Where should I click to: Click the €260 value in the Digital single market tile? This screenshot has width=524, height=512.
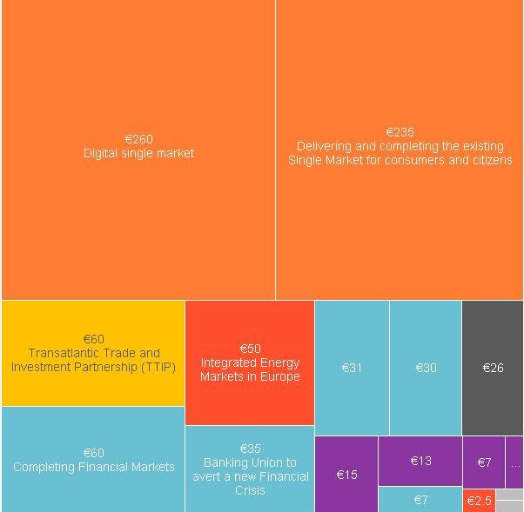(x=138, y=139)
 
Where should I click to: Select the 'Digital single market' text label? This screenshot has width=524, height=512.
(x=138, y=153)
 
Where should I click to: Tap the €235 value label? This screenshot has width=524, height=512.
(x=400, y=132)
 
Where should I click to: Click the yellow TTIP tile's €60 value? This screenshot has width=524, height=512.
(x=93, y=339)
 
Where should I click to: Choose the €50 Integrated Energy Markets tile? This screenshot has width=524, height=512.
(x=250, y=362)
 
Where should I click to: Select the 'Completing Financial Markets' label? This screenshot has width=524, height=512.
(x=93, y=467)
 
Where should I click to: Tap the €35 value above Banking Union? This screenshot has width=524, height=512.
(x=250, y=449)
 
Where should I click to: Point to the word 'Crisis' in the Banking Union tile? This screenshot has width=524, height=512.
(x=250, y=490)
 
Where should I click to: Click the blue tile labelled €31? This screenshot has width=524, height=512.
(x=352, y=368)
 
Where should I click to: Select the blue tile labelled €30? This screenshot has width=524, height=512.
(x=426, y=368)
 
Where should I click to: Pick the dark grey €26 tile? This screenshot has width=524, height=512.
(x=493, y=368)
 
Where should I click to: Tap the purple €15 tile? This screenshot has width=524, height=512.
(x=346, y=475)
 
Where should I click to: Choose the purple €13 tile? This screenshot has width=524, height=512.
(x=420, y=461)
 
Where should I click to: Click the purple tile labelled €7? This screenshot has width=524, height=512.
(x=484, y=462)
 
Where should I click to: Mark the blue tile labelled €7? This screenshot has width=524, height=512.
(x=420, y=500)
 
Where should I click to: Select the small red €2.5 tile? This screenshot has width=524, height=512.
(x=479, y=501)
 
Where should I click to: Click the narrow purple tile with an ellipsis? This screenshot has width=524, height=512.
(x=514, y=462)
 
